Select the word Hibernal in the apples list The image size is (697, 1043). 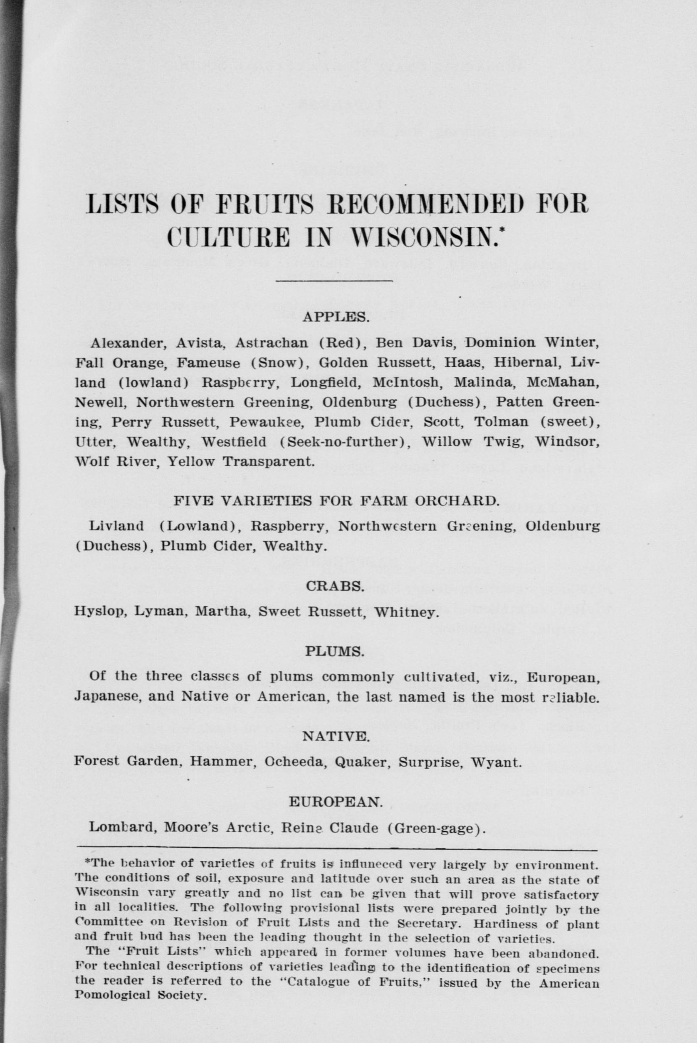coord(526,363)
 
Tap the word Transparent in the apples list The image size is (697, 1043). coord(268,461)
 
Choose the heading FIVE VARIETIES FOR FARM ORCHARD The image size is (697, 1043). coord(336,501)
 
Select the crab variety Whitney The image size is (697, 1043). coord(406,612)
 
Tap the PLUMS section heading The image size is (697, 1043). coord(335,651)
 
